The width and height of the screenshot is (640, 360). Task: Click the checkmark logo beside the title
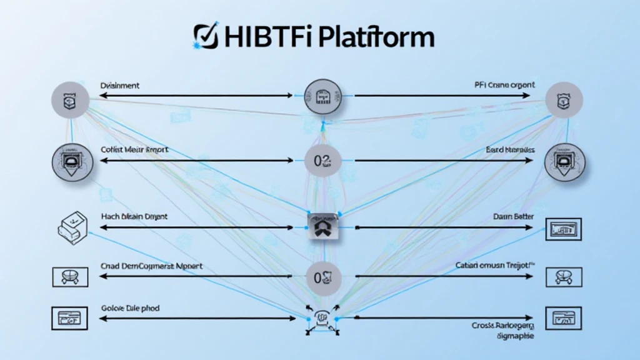(x=204, y=36)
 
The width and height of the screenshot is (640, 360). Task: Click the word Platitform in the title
(x=374, y=37)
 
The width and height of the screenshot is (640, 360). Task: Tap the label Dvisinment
(x=119, y=85)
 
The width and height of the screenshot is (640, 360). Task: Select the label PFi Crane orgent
(x=504, y=85)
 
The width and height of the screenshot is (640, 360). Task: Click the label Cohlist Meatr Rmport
(x=134, y=151)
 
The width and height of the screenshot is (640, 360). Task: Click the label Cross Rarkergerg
(x=503, y=326)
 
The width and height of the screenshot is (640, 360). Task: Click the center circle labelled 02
(x=322, y=161)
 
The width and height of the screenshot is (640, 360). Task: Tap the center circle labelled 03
(x=322, y=276)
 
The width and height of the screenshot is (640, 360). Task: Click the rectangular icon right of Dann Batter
(x=564, y=229)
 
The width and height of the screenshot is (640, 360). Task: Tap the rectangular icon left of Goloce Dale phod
(x=67, y=318)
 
